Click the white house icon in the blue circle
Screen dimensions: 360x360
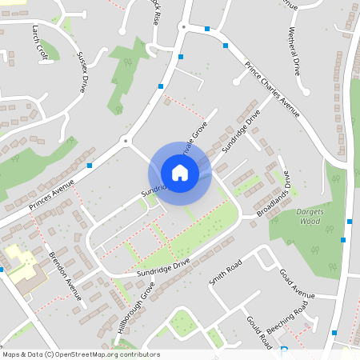coord(179,172)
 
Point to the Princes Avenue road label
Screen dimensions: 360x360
coord(51,194)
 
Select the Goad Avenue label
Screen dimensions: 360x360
coord(298,283)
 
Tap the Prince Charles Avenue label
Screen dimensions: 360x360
coord(272,88)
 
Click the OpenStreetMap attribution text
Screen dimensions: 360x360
coord(80,354)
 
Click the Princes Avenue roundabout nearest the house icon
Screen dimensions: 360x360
coord(126,142)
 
